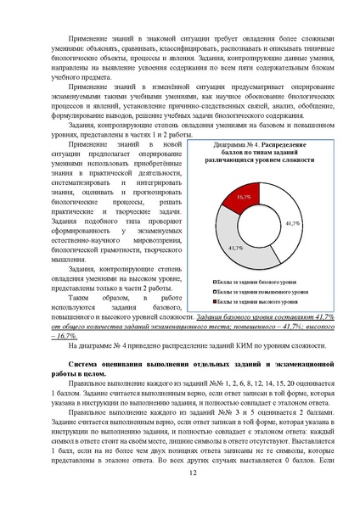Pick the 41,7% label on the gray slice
(x=236, y=247)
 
